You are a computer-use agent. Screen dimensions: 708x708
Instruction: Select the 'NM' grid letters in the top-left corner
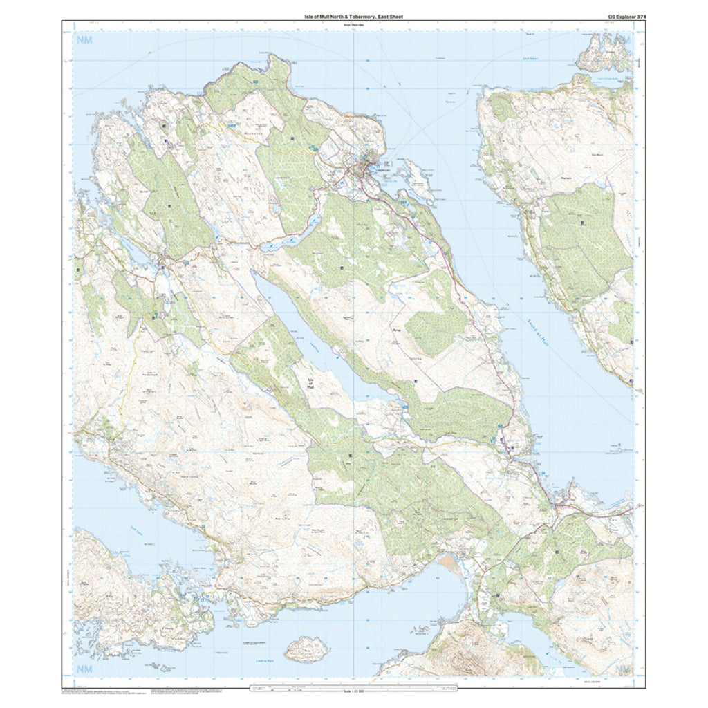click(x=85, y=41)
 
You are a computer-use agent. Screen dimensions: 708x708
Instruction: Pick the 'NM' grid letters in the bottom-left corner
click(x=85, y=669)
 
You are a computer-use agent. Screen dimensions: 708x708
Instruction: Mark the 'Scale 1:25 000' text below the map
click(x=353, y=692)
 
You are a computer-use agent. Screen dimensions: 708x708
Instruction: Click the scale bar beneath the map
click(x=353, y=688)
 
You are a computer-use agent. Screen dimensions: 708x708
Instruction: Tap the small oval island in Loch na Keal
click(x=306, y=649)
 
